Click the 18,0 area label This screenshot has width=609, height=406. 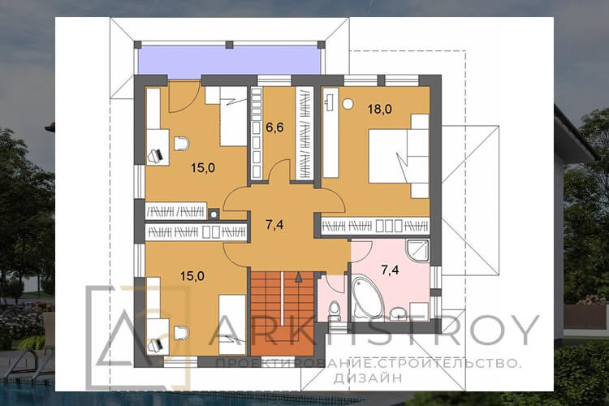click(379, 109)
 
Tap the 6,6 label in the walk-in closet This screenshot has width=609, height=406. click(274, 127)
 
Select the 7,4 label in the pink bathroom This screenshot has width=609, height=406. click(390, 270)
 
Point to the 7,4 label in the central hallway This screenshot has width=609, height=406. click(274, 225)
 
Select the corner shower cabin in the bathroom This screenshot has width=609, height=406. click(417, 251)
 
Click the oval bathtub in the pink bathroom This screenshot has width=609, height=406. click(367, 297)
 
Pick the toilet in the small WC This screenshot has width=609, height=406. click(334, 309)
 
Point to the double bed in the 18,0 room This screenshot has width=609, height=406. click(399, 156)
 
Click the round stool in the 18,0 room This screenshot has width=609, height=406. click(348, 104)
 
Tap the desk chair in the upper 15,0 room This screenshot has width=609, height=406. click(181, 145)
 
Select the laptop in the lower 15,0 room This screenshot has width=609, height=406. click(156, 344)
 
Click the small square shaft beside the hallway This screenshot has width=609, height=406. click(214, 214)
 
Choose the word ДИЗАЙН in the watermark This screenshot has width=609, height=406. click(367, 378)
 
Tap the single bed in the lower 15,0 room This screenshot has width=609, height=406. click(232, 325)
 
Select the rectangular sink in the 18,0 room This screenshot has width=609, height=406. click(330, 100)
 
